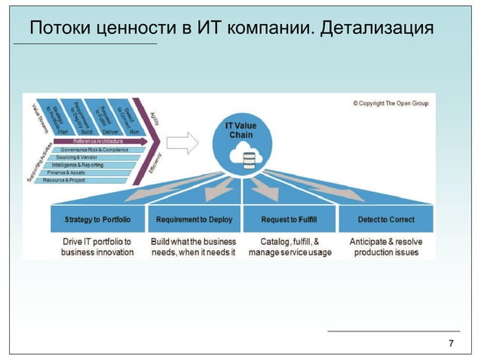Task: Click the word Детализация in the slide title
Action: (377, 28)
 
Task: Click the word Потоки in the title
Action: (61, 28)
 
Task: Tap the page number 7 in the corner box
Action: (451, 344)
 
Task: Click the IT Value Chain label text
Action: (247, 130)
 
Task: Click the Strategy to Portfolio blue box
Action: (97, 220)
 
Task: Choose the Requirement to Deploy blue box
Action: (194, 220)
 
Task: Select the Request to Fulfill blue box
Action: (289, 220)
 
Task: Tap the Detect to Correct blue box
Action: (386, 220)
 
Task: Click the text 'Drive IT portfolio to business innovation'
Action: (97, 247)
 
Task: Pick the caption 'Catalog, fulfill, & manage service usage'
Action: (290, 247)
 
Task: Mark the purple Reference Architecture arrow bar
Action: (98, 141)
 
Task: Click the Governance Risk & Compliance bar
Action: (95, 150)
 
